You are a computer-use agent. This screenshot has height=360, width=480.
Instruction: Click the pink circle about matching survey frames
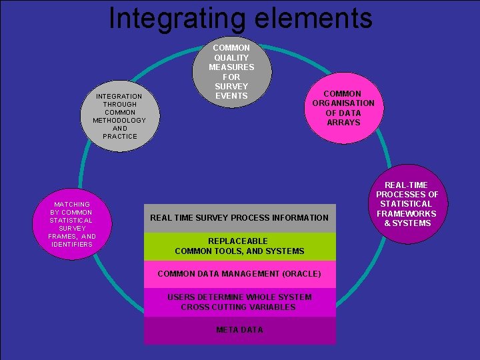click(72, 224)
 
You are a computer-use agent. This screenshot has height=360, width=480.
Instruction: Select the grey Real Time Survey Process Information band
click(239, 218)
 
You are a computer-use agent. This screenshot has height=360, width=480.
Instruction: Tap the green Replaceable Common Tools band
click(239, 246)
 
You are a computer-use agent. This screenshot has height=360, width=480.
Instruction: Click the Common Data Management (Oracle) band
click(239, 274)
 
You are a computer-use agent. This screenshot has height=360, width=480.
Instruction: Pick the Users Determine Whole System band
click(239, 302)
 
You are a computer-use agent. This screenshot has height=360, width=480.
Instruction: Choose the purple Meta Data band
click(239, 330)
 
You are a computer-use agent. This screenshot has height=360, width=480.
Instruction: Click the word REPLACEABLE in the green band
click(238, 241)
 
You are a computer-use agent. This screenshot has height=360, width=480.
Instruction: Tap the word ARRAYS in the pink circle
click(343, 123)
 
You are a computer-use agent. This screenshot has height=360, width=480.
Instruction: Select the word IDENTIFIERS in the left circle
click(72, 244)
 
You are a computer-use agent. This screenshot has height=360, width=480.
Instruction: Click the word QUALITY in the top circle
click(231, 58)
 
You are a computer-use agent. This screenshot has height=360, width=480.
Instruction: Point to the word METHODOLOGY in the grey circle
click(120, 121)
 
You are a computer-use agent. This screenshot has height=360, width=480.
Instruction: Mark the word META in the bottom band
click(227, 330)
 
